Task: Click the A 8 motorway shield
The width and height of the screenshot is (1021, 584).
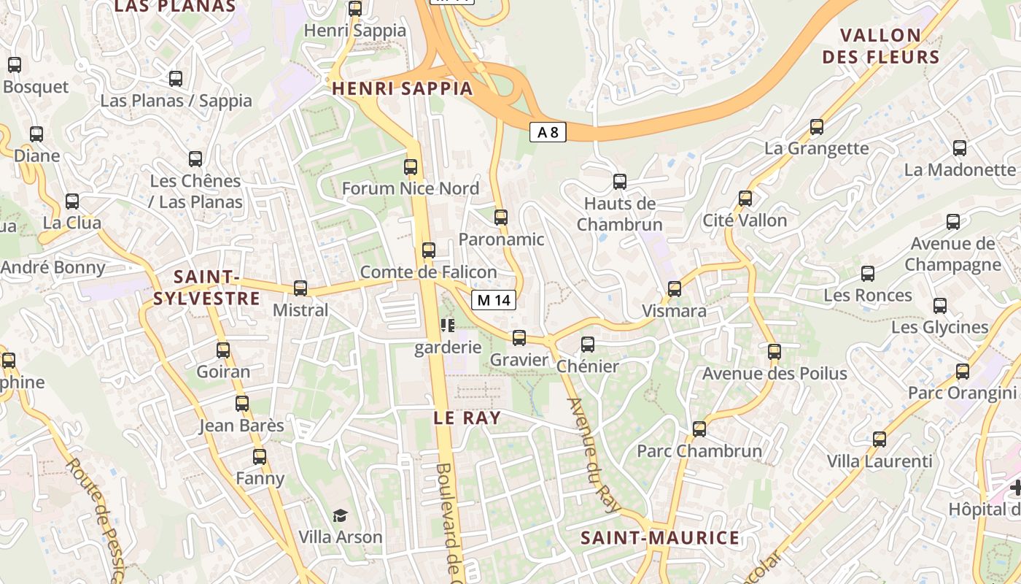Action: (548, 132)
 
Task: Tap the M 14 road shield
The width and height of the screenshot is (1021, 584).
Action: (494, 299)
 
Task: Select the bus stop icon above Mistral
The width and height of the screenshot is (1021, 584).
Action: (300, 288)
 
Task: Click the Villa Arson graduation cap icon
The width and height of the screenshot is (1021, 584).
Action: (340, 516)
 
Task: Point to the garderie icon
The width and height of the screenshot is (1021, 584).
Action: (447, 325)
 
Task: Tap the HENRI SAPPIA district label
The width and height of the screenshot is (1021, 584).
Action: (403, 89)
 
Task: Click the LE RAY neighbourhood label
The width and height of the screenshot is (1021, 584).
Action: (467, 418)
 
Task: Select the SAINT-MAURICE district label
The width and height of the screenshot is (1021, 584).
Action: (660, 538)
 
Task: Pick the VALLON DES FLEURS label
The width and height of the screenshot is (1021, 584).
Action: (880, 46)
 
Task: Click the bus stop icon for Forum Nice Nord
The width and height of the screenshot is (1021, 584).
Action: (411, 167)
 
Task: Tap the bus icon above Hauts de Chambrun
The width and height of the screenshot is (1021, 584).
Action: (620, 182)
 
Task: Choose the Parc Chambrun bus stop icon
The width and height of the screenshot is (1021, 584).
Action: (699, 429)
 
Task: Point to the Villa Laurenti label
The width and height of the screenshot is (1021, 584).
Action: (880, 461)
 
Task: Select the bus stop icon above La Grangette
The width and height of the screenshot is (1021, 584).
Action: (817, 127)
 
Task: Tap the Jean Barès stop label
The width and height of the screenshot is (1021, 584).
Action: (241, 425)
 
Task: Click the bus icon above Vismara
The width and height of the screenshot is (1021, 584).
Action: (675, 289)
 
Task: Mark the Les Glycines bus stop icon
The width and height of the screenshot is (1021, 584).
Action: (940, 306)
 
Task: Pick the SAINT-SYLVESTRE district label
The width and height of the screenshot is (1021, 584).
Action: (206, 288)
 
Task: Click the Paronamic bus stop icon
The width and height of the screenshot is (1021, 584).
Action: (501, 218)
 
